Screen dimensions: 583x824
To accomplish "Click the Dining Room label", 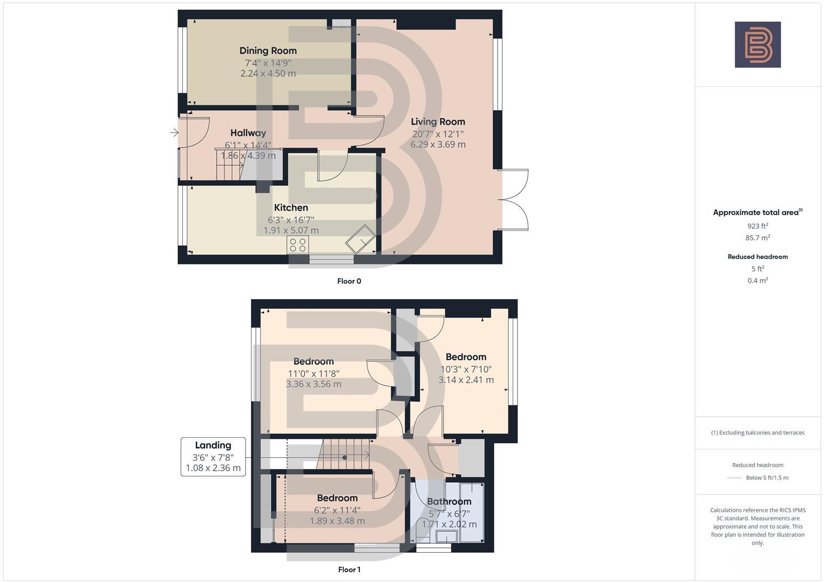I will click(x=268, y=51).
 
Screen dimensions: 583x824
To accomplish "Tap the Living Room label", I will click(x=438, y=122).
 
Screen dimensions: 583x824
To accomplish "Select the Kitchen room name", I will click(x=291, y=208).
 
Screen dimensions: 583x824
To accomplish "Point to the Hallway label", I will click(x=248, y=133).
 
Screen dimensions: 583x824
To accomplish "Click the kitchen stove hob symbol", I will click(x=298, y=245).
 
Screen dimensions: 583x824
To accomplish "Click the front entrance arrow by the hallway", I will click(x=174, y=132).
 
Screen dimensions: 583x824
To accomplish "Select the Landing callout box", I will click(x=213, y=457).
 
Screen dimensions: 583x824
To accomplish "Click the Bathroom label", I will click(x=449, y=501).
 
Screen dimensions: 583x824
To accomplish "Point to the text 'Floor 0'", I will click(x=349, y=281).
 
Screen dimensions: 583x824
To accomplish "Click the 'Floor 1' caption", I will click(x=349, y=570).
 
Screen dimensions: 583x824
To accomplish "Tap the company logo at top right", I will click(x=758, y=45).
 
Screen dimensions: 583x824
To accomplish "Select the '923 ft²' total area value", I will click(x=758, y=226).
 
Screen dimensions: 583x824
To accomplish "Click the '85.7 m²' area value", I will click(x=758, y=238).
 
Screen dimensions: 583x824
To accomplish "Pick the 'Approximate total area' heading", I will click(x=757, y=213).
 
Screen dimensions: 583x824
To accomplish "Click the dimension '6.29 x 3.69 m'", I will click(x=438, y=145).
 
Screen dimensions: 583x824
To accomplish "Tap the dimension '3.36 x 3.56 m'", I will click(x=314, y=384).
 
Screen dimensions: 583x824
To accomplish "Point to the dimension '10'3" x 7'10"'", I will click(x=466, y=369).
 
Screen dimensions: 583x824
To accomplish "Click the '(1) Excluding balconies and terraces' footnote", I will click(x=758, y=432).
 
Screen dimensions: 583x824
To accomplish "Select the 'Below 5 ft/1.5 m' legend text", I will click(x=767, y=478).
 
